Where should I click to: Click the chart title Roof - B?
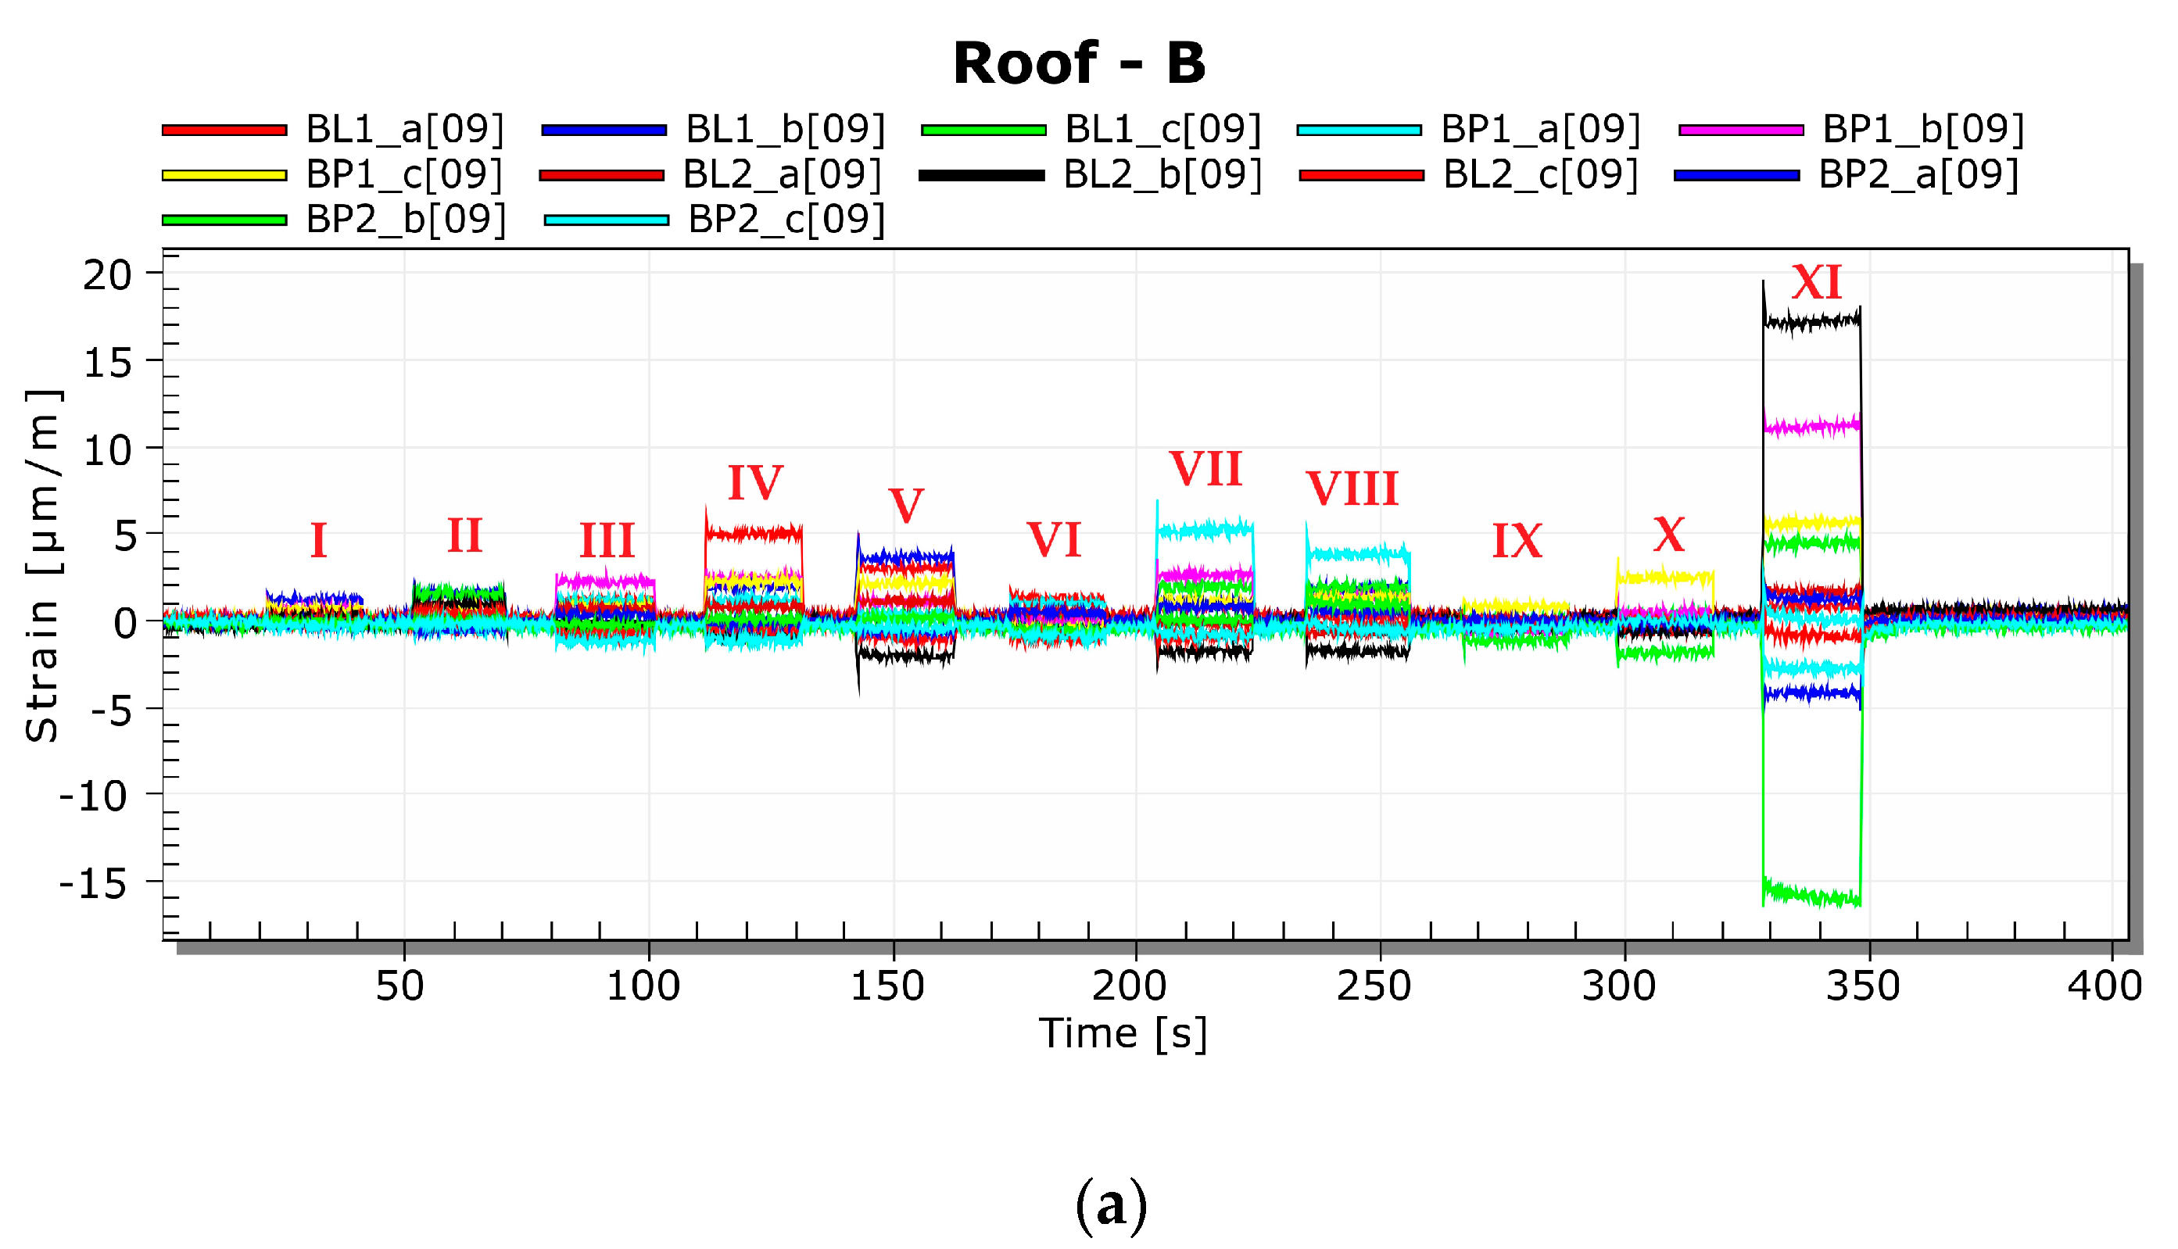click(1078, 63)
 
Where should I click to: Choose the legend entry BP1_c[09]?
click(404, 175)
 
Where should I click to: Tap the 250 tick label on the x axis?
click(1374, 986)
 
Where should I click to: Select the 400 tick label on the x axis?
click(2104, 986)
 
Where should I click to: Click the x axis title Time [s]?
click(1123, 1034)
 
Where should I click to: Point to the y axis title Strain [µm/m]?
click(41, 566)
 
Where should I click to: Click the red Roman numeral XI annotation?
click(1816, 282)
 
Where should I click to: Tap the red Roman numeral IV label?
click(755, 482)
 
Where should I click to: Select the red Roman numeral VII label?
click(1205, 469)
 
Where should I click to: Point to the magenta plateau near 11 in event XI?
click(1811, 426)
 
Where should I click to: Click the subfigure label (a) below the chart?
click(1111, 1204)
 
